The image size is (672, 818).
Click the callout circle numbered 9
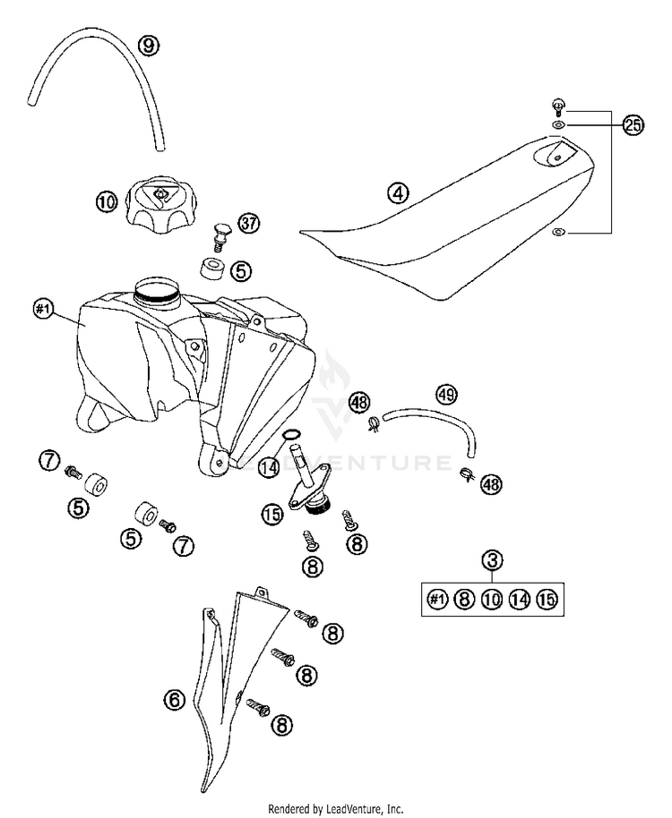pos(150,43)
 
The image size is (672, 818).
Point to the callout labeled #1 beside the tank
pos(44,311)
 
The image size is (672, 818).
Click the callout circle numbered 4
pos(398,192)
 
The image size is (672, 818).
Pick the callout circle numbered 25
pos(633,125)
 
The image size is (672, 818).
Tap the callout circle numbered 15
pos(272,513)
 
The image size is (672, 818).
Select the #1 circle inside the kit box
pos(436,600)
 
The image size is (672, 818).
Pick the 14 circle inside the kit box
pos(518,600)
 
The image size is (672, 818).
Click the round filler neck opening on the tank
pos(157,289)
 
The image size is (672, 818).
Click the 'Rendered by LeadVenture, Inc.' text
pos(336,807)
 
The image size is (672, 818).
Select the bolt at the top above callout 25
pos(557,105)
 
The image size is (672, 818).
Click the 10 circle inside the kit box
pos(491,600)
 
